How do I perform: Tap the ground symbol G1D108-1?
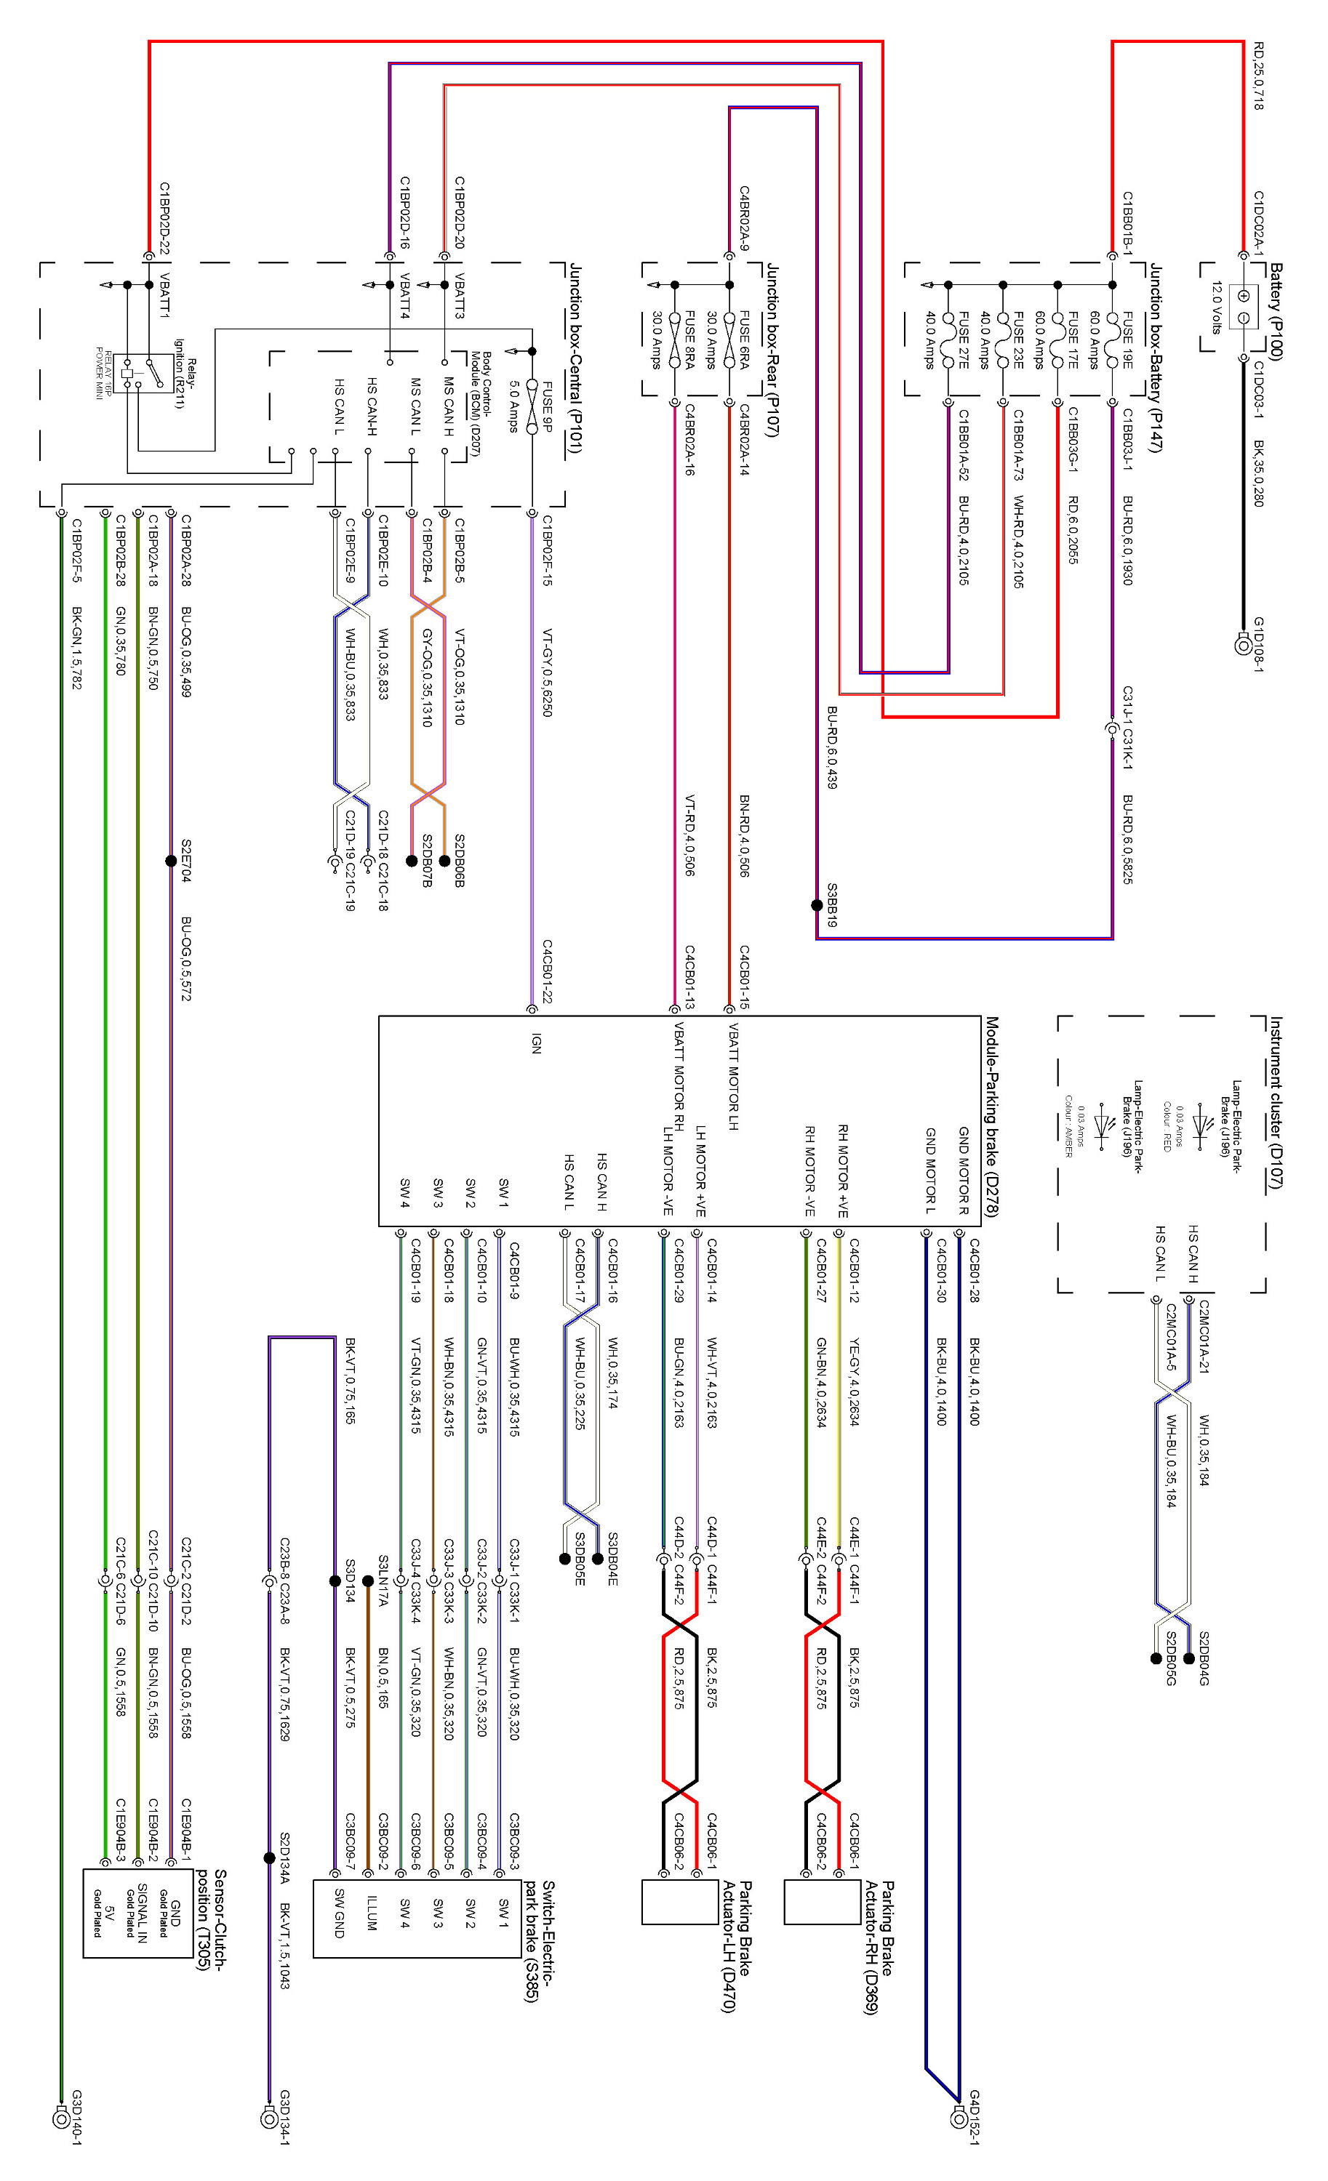coord(1243,646)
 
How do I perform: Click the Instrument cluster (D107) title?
coord(1276,1102)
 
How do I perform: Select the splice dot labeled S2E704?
coord(171,860)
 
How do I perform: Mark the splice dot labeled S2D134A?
coord(269,1858)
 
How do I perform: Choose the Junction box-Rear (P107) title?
coord(772,350)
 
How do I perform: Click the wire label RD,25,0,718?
coord(1258,76)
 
